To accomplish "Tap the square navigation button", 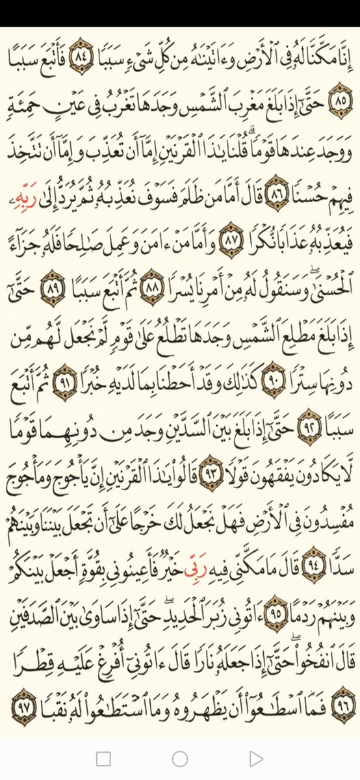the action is [x=103, y=758].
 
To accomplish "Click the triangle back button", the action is [x=257, y=758].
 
